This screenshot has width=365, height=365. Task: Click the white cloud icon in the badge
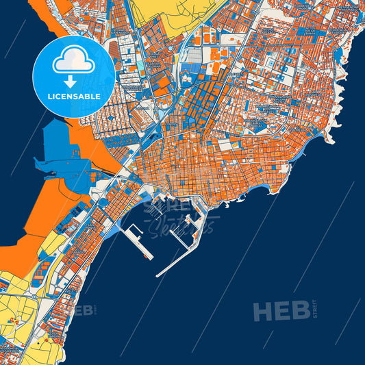click(74, 62)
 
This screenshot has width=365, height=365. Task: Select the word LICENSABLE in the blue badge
click(74, 97)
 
